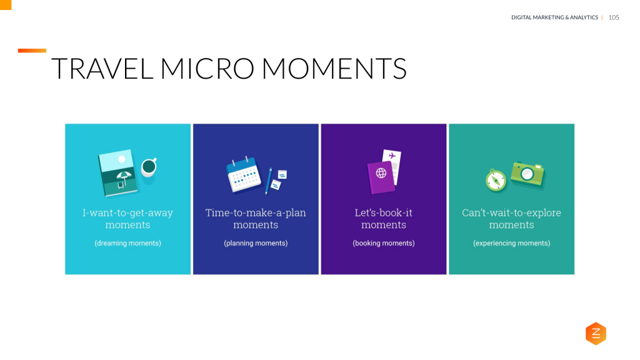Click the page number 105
pos(613,17)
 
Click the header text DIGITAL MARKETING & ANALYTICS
pos(554,17)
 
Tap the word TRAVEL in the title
pos(102,69)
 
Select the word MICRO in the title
pos(207,69)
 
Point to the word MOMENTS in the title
pos(334,69)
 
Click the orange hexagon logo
pos(596,334)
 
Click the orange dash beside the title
pos(32,51)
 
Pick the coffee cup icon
pos(149,167)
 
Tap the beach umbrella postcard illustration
pos(117,172)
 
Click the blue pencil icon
pos(269,181)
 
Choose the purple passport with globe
pos(380,177)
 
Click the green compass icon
pos(496,180)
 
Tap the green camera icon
pos(527,173)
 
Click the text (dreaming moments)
pos(127,243)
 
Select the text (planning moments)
pos(256,243)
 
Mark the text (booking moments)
pos(383,243)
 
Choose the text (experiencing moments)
pos(511,243)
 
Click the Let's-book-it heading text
pos(383,213)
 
